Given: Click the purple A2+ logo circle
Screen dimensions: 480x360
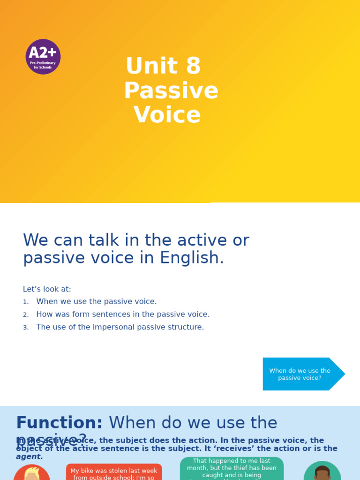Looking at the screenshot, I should (x=43, y=57).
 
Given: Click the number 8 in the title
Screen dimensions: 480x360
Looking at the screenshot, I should (x=193, y=67).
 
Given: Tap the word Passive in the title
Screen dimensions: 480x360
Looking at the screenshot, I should (x=171, y=91).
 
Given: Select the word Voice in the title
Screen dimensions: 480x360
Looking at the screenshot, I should (x=167, y=115).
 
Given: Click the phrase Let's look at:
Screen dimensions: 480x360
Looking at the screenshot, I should (x=47, y=290).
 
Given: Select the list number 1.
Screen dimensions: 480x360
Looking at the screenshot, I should (x=26, y=302).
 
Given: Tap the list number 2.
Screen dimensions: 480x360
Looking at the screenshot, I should (x=26, y=315).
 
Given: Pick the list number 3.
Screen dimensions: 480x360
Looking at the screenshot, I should (x=26, y=328).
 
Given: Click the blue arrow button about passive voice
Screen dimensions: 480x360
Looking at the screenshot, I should (x=300, y=374).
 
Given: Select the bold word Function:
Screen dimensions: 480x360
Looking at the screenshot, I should (x=59, y=423).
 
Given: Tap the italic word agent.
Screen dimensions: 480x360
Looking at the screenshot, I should (x=29, y=457).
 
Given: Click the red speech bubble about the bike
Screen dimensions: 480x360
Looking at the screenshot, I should (x=114, y=472).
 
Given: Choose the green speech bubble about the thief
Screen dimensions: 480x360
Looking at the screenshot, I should (x=232, y=468).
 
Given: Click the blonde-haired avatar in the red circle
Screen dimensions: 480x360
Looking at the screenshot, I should (x=32, y=473).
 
